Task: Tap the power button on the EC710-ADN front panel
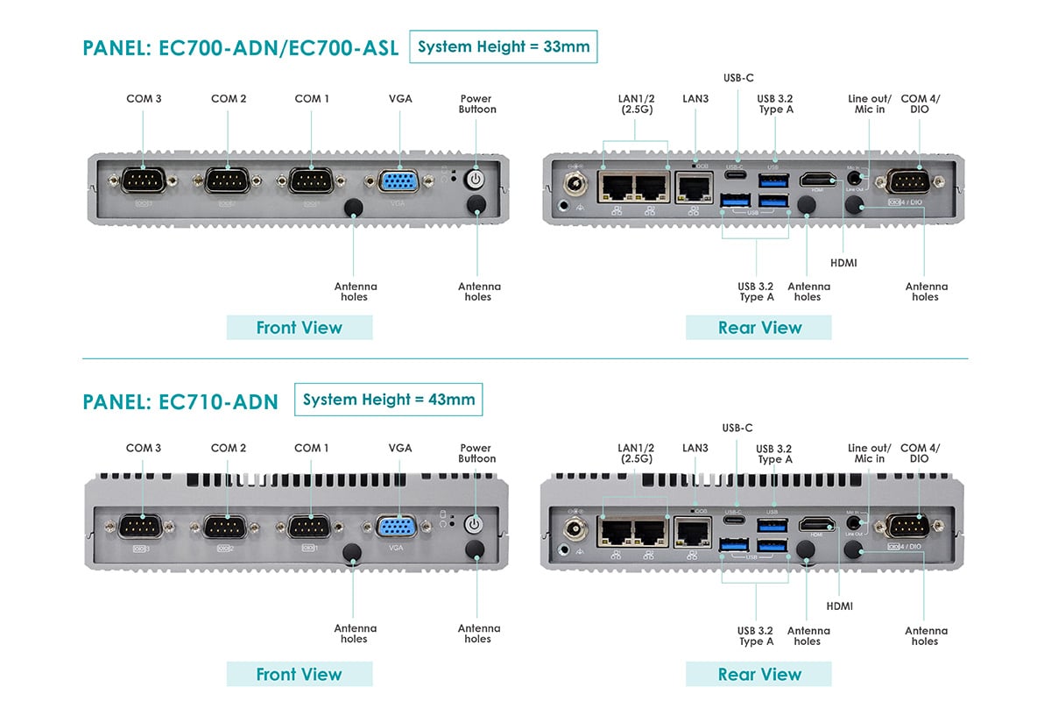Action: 474,525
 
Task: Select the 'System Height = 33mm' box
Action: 504,46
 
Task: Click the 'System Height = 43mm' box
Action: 389,400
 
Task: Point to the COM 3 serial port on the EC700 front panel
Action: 143,181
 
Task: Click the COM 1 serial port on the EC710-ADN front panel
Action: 308,528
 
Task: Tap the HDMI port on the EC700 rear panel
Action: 817,180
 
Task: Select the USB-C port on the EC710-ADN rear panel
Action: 736,523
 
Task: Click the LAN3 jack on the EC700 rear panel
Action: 695,186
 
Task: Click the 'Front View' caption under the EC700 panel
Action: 300,328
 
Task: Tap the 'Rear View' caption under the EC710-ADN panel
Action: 759,675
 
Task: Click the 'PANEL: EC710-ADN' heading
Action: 180,402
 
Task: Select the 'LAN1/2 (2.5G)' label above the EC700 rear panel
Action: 636,104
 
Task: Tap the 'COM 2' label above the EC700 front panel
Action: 229,99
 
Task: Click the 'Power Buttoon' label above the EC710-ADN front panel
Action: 476,453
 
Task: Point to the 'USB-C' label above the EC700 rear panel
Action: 738,78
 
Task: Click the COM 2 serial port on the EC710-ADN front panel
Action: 226,528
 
